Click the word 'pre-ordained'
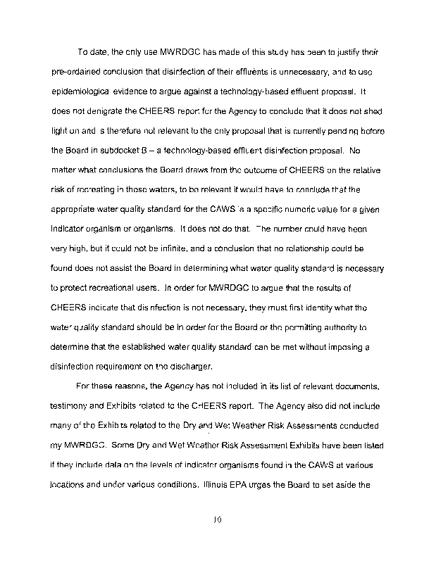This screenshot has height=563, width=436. click(x=75, y=72)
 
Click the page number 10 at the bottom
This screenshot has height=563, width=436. click(x=218, y=521)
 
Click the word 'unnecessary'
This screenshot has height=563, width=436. click(x=294, y=72)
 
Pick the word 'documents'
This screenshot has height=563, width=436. click(x=358, y=386)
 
